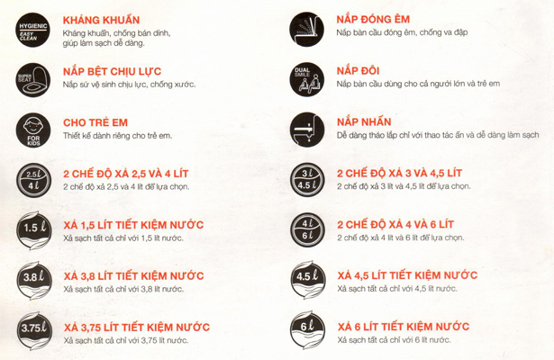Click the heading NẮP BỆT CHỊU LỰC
coord(123,70)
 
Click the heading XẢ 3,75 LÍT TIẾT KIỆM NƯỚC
coord(149,325)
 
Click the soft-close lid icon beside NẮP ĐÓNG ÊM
coord(306,30)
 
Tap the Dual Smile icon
coord(306,79)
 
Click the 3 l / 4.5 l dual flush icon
coord(306,181)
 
